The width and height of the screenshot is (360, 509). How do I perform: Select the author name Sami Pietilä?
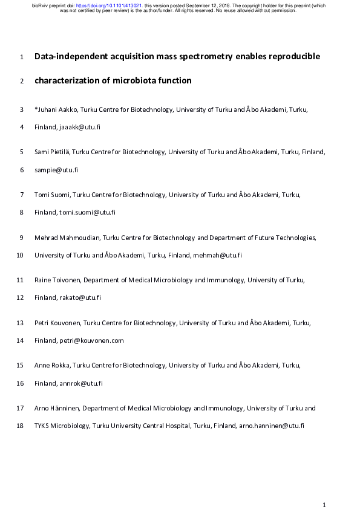(51, 152)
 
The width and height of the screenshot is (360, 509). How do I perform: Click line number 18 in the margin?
(20, 426)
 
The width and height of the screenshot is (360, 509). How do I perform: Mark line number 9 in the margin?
(21, 238)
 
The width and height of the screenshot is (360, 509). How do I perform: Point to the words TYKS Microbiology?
(61, 426)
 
